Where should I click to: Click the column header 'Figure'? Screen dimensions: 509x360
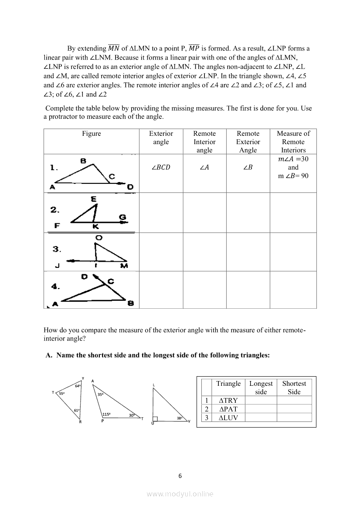91,134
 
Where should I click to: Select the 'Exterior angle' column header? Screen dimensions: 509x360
161,138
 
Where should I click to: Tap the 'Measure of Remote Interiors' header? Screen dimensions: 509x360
293,142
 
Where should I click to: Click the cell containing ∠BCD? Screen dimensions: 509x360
161,168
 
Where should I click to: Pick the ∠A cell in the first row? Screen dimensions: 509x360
204,168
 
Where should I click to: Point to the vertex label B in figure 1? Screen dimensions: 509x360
83,161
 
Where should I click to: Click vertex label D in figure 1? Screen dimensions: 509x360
130,187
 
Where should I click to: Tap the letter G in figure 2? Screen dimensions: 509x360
123,217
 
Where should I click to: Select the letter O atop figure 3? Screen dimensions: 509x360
99,238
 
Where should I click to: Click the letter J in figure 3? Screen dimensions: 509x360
57,266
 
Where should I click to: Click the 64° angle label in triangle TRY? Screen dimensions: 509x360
78,386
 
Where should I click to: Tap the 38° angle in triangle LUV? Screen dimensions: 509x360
179,418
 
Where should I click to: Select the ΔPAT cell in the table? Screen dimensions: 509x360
228,409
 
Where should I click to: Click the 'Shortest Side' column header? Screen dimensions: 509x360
294,388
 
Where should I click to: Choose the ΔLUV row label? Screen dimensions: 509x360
228,418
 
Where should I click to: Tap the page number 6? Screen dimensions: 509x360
180,475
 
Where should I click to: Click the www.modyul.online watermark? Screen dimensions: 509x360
180,494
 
